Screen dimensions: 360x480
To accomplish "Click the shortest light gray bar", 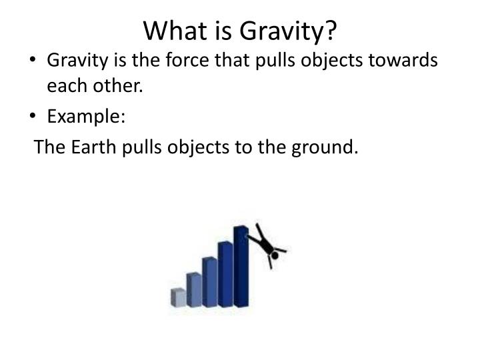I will [178, 297].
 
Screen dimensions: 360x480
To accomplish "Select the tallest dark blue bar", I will [241, 267].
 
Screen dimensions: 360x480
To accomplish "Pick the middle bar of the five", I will [209, 281].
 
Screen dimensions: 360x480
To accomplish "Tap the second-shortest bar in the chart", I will [194, 289].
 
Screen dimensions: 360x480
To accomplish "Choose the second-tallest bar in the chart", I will [225, 273].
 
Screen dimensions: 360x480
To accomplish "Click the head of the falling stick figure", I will [274, 254].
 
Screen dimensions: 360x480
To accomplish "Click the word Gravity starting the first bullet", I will [73, 61].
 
